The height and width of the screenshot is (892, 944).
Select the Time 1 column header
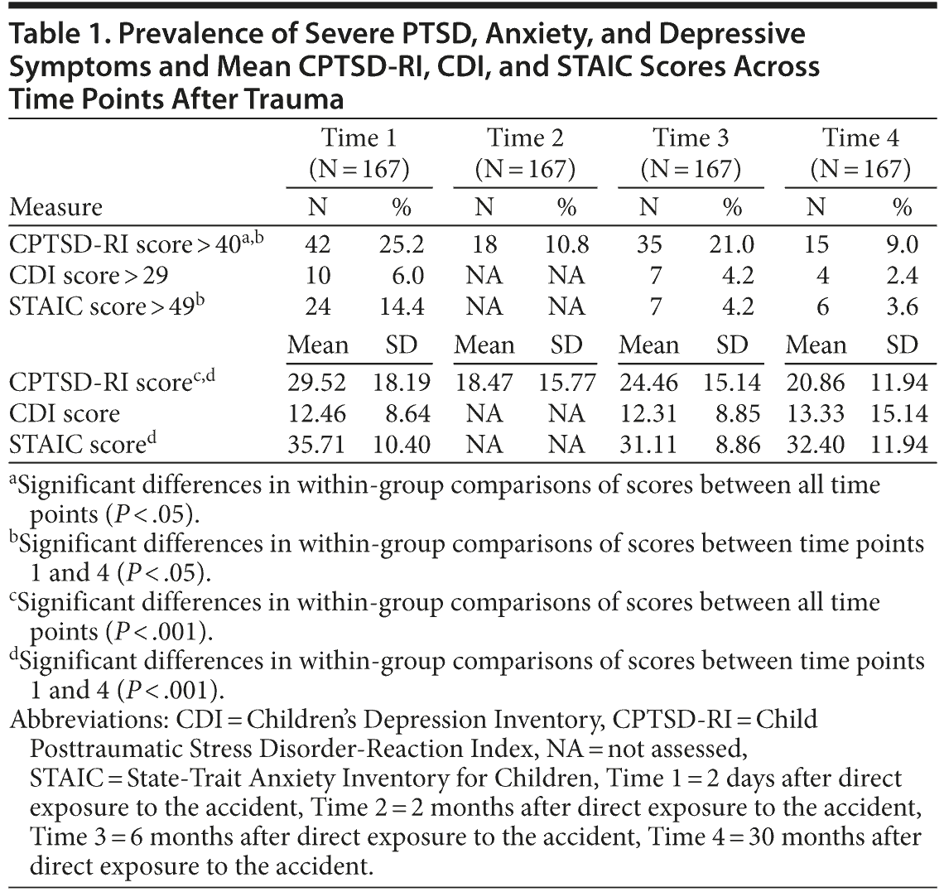pyautogui.click(x=359, y=137)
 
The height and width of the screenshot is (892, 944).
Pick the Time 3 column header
pyautogui.click(x=691, y=137)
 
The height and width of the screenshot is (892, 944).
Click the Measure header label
pyautogui.click(x=56, y=206)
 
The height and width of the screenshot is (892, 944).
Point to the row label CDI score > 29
pyautogui.click(x=89, y=275)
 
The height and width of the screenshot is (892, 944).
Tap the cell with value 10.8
pyautogui.click(x=566, y=244)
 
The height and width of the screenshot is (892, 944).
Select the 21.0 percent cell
pyautogui.click(x=732, y=244)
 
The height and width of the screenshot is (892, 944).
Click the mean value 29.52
pyautogui.click(x=318, y=383)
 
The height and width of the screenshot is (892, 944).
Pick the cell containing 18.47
pyautogui.click(x=484, y=383)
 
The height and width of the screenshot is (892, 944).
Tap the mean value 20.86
pyautogui.click(x=816, y=383)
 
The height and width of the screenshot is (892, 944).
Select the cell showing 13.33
pyautogui.click(x=816, y=413)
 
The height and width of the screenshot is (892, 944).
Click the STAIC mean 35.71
pyautogui.click(x=318, y=445)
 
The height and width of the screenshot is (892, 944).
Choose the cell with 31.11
pyautogui.click(x=649, y=445)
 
